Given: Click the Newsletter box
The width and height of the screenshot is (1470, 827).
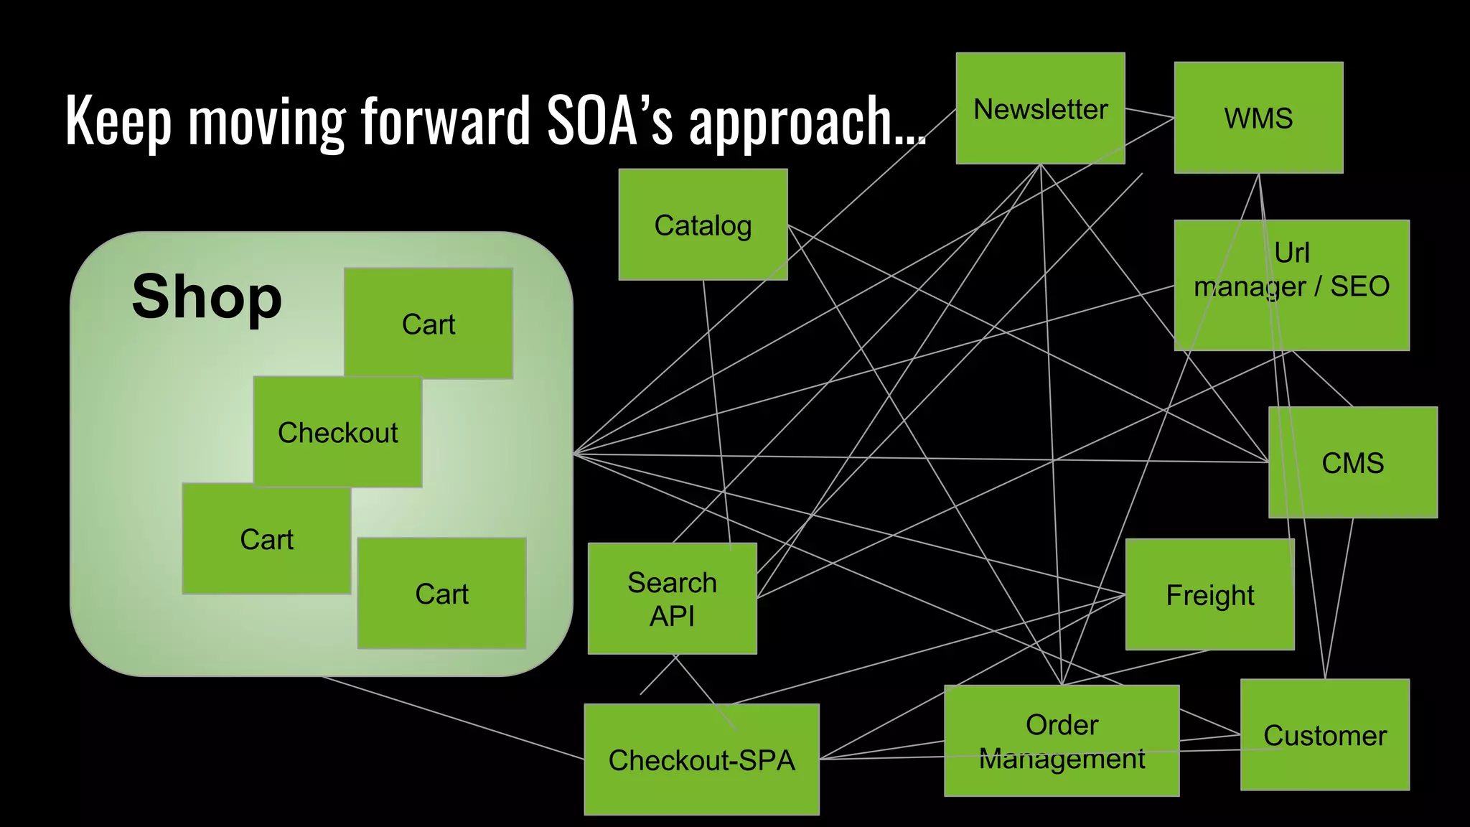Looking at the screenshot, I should point(1040,108).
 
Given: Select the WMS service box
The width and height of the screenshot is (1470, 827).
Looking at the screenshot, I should point(1258,118).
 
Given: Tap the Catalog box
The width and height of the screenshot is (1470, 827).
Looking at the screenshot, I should point(703,225).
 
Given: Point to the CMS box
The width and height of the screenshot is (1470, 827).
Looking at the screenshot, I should point(1352,462).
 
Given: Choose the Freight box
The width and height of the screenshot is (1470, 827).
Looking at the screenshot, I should point(1209,594).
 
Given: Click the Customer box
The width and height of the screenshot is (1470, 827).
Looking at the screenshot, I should point(1324,735).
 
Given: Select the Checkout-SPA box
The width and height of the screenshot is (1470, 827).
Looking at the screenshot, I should point(701,760).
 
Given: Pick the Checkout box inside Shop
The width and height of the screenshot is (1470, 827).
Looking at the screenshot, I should point(337,432).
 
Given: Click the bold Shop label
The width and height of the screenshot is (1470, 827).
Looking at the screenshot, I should point(207,296).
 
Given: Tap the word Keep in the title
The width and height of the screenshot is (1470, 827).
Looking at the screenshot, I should point(118,121).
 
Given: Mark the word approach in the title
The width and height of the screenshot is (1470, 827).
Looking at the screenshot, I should point(800,122).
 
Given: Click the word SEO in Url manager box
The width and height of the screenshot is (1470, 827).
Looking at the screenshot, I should point(1359,286).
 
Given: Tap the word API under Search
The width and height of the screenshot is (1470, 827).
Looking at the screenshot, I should point(672,616).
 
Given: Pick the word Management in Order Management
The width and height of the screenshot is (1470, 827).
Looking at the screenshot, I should point(1062,758).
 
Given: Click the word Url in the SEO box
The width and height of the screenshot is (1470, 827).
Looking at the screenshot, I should point(1291,253).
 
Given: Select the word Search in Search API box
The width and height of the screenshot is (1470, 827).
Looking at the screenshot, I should point(672,582).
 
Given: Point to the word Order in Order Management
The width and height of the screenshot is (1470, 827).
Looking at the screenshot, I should point(1062,724).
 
